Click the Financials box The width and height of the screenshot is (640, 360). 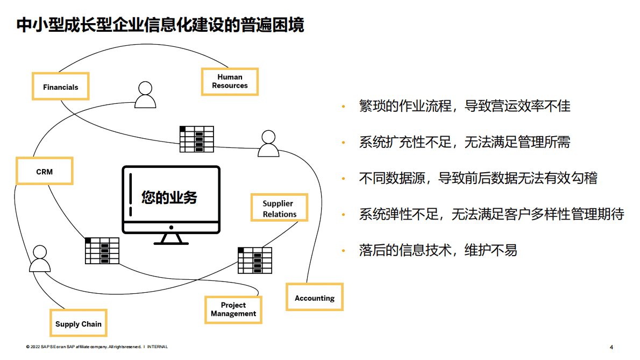(61, 86)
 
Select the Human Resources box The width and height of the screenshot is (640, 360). (230, 81)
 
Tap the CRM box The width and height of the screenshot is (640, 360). (45, 171)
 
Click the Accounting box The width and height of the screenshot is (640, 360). (315, 298)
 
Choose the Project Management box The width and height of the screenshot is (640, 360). (233, 309)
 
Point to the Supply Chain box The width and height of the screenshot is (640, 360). (79, 323)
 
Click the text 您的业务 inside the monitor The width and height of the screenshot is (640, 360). (169, 197)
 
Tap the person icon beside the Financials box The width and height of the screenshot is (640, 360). (145, 95)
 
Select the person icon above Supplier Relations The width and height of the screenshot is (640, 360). (268, 143)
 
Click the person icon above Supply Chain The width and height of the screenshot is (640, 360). (39, 259)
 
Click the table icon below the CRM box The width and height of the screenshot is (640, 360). (102, 251)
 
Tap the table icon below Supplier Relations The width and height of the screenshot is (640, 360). (255, 260)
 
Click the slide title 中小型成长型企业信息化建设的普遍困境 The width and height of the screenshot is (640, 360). (160, 25)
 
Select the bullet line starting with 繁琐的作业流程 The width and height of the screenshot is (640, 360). (465, 106)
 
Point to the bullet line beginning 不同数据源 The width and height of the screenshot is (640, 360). (478, 178)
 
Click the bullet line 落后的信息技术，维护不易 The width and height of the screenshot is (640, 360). (438, 250)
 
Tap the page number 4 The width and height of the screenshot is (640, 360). (611, 347)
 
